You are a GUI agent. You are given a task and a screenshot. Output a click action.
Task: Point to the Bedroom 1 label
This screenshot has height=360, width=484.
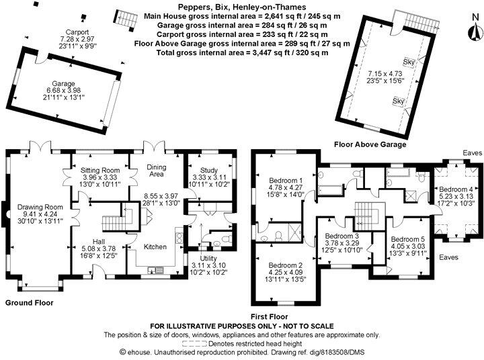286,181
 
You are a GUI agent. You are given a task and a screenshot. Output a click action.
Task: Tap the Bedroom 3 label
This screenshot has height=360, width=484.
342,236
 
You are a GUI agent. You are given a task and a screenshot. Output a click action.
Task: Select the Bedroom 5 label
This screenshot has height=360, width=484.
408,240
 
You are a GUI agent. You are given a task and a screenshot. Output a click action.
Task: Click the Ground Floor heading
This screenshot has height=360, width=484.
29,303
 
